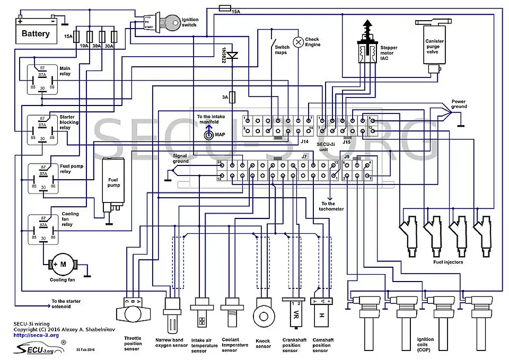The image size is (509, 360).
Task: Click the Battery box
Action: pyautogui.click(x=36, y=33)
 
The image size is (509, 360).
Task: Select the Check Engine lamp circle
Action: pyautogui.click(x=298, y=40)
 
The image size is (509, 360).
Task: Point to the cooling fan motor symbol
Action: pyautogui.click(x=63, y=264)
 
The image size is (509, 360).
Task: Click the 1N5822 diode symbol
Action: pyautogui.click(x=231, y=55)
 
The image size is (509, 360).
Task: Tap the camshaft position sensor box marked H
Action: pyautogui.click(x=321, y=317)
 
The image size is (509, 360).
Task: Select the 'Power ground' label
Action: pyautogui.click(x=458, y=103)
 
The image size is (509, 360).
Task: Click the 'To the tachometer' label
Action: pyautogui.click(x=332, y=206)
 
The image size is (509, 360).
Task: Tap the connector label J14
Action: pyautogui.click(x=304, y=142)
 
